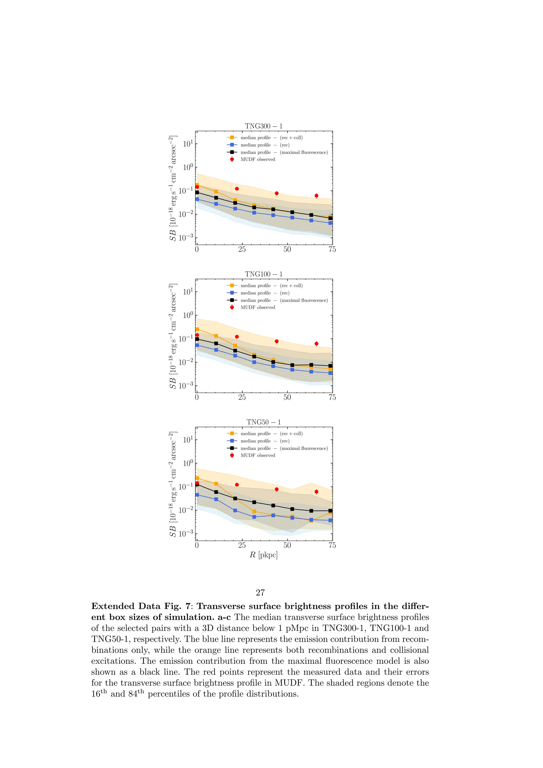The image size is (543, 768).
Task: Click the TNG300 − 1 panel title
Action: click(264, 126)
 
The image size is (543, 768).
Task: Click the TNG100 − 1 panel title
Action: click(264, 274)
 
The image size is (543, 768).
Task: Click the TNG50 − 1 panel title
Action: click(264, 422)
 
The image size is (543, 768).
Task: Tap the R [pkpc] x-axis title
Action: click(264, 555)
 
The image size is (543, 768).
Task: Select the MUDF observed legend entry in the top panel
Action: click(257, 160)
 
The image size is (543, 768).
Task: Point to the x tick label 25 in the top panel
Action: click(242, 250)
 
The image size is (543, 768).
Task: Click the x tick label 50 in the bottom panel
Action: click(287, 545)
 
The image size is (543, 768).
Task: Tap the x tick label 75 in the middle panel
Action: click(332, 397)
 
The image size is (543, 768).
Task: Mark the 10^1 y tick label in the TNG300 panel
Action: click(188, 143)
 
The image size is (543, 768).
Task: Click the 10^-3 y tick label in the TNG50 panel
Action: click(186, 533)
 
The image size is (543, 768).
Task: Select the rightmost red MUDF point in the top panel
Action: click(316, 196)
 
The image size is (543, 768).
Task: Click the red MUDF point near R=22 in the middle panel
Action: click(237, 337)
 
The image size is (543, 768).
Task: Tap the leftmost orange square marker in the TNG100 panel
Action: click(197, 329)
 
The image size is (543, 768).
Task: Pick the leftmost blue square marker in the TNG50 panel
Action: click(197, 495)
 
